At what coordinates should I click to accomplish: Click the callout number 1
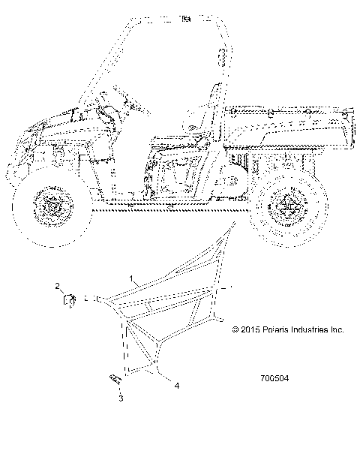pos(133,278)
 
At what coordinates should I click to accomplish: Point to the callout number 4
pos(176,386)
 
